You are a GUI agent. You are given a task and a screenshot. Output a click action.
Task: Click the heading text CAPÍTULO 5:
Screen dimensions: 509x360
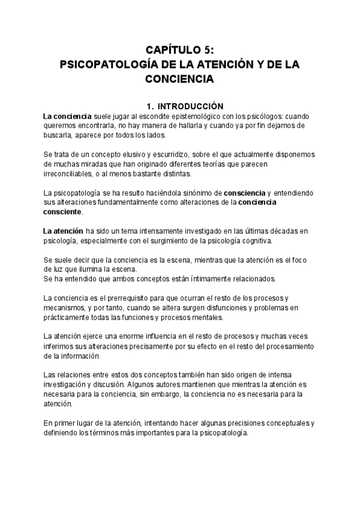179,50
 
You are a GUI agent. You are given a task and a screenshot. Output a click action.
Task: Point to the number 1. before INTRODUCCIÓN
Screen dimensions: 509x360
141,105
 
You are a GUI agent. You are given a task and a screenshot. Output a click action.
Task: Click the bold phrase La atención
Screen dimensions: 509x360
63,231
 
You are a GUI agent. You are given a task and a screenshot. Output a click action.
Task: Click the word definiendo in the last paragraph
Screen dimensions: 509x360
63,433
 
